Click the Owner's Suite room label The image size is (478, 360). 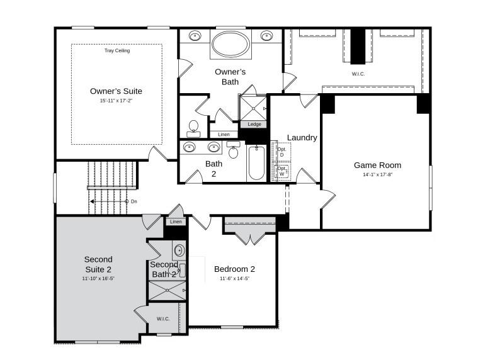pyautogui.click(x=120, y=91)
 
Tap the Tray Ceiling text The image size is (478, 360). pyautogui.click(x=117, y=50)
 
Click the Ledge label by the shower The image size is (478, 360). pyautogui.click(x=254, y=124)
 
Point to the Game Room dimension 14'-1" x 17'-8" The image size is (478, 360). pyautogui.click(x=377, y=175)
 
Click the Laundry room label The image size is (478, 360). pyautogui.click(x=302, y=138)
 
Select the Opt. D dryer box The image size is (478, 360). pyautogui.click(x=282, y=152)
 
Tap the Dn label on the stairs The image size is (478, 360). pyautogui.click(x=134, y=201)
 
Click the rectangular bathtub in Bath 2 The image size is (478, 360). pyautogui.click(x=257, y=164)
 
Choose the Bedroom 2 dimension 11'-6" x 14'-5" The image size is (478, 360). pyautogui.click(x=234, y=278)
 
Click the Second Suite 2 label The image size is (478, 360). pyautogui.click(x=98, y=264)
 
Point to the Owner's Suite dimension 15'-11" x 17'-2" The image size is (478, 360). pyautogui.click(x=120, y=101)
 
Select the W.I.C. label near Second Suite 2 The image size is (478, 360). pyautogui.click(x=164, y=319)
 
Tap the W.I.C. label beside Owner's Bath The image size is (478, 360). pyautogui.click(x=358, y=74)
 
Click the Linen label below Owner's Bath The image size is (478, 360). pyautogui.click(x=224, y=135)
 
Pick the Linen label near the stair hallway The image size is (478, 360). pyautogui.click(x=176, y=222)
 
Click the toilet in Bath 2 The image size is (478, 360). pyautogui.click(x=233, y=151)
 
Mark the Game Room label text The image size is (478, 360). pyautogui.click(x=377, y=166)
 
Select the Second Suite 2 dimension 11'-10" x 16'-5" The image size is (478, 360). pyautogui.click(x=98, y=278)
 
